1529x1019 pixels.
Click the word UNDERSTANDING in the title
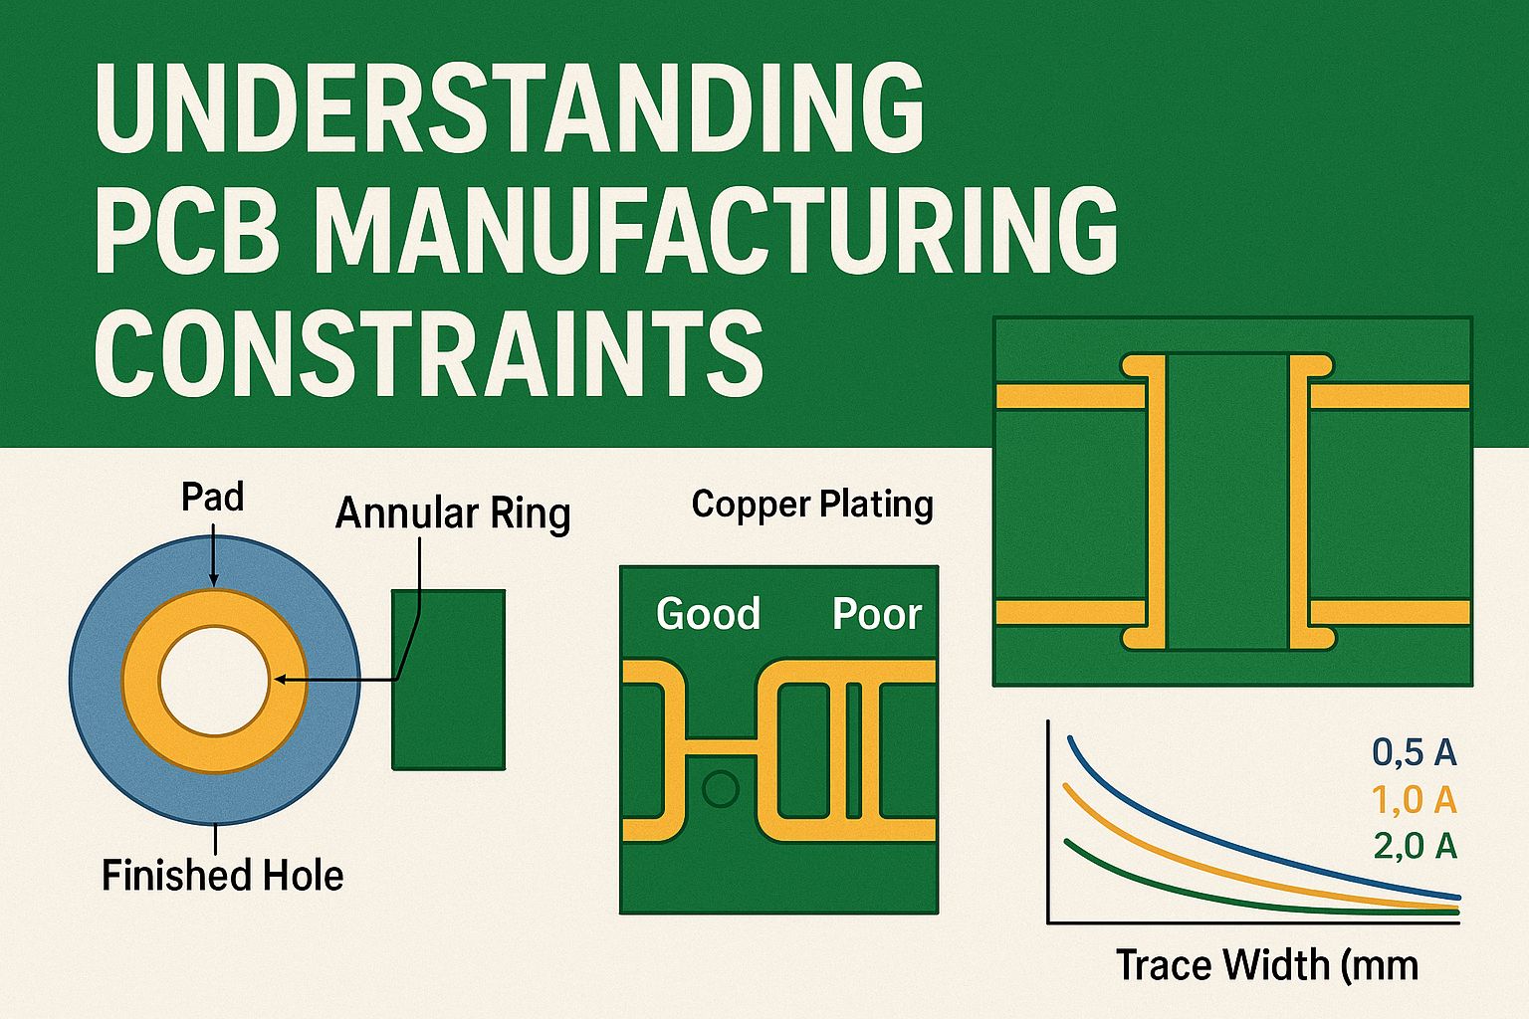[509, 107]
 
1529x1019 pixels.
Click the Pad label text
[212, 497]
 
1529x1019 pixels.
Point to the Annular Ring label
[453, 513]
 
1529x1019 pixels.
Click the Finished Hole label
[222, 876]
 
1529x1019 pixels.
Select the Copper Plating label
[812, 505]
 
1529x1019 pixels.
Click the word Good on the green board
[708, 614]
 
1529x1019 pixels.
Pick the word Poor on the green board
[877, 614]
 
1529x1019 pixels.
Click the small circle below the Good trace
[720, 789]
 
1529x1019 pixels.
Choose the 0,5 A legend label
[1415, 752]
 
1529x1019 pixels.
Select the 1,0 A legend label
[1415, 799]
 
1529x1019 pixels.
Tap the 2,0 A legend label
[1415, 846]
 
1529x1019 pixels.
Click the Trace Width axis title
[1265, 964]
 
